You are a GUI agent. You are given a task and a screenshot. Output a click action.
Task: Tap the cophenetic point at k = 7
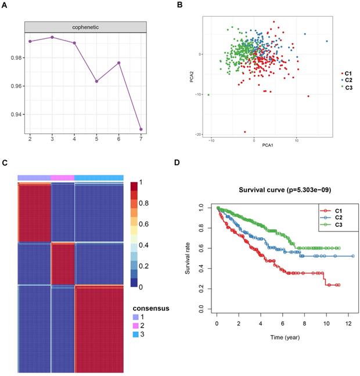(x=141, y=129)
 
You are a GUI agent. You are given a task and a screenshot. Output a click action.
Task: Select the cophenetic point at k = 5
(x=96, y=81)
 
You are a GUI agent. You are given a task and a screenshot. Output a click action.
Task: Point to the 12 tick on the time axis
(x=348, y=324)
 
